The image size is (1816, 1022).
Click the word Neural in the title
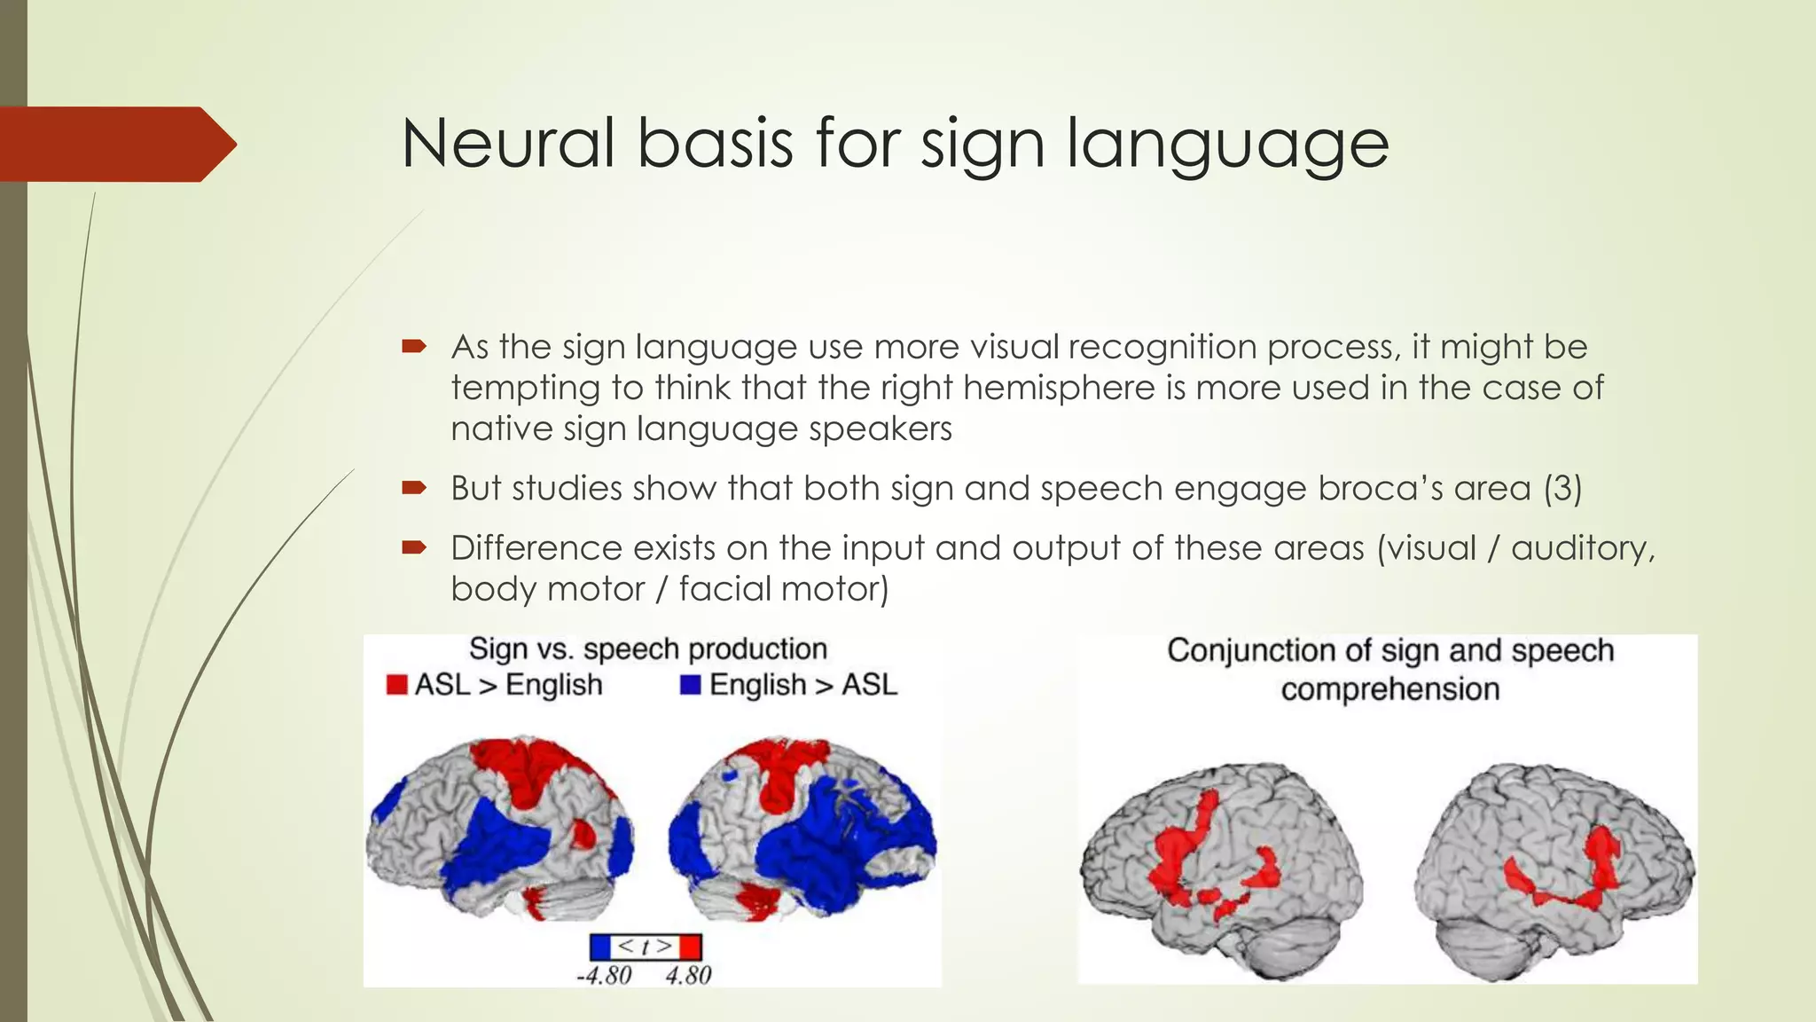(x=507, y=144)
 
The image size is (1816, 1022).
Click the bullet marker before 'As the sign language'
(x=414, y=346)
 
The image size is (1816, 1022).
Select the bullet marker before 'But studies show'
(x=414, y=488)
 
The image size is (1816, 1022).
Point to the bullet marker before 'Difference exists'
(x=414, y=547)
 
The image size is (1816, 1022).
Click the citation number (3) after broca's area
(x=1562, y=489)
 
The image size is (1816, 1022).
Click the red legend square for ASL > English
(x=396, y=685)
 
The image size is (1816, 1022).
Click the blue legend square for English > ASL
(x=691, y=685)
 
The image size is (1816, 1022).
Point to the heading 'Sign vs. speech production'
(x=647, y=649)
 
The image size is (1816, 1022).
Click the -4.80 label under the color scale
(x=604, y=976)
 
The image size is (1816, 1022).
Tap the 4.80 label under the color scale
(x=688, y=976)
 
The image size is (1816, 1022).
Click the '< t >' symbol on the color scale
(x=645, y=947)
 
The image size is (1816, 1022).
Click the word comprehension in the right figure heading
(x=1389, y=689)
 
